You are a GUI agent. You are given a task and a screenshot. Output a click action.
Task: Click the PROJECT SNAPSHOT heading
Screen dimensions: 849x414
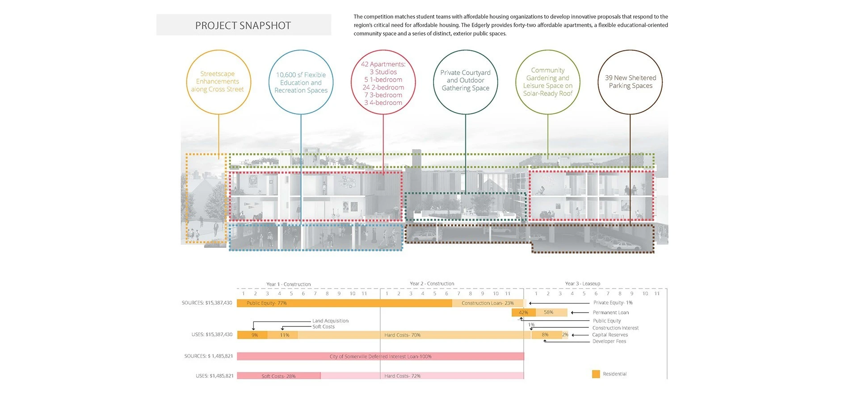coord(243,25)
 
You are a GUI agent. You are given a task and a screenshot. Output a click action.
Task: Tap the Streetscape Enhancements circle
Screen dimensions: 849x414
coord(219,50)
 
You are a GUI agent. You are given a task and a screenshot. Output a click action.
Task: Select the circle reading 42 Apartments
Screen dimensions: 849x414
coord(383,50)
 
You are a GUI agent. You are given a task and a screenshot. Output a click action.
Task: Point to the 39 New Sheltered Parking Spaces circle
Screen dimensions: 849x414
coord(630,50)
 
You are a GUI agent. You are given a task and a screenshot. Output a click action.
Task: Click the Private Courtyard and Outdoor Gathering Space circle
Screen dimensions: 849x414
coord(466,50)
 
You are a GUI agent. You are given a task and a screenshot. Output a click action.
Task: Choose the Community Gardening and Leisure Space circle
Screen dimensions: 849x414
coord(548,50)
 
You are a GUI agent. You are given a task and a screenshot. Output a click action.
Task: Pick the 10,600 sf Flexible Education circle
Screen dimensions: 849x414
coord(301,50)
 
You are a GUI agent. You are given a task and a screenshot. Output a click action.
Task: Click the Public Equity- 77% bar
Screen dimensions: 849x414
coord(345,303)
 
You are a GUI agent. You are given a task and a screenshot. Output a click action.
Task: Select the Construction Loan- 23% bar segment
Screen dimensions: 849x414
coord(488,303)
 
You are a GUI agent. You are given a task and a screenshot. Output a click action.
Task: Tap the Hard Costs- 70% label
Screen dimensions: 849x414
coord(402,335)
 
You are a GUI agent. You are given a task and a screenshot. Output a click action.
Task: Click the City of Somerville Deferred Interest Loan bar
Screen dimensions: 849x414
coord(380,356)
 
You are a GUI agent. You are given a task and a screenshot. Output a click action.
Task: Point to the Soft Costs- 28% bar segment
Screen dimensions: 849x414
coord(278,376)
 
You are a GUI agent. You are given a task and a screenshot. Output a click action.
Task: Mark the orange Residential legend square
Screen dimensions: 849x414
coord(596,374)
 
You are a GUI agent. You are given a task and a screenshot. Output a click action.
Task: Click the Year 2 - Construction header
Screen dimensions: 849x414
coord(432,284)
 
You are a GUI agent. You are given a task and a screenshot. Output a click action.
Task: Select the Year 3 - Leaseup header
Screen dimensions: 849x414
coord(582,284)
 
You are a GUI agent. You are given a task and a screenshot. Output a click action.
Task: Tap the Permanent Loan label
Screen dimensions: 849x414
coord(610,313)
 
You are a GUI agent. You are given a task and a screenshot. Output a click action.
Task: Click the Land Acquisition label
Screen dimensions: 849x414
coord(330,321)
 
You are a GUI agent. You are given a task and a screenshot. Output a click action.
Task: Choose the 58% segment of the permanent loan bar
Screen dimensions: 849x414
coord(551,313)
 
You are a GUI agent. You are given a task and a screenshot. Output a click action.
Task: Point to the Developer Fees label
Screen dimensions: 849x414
coord(609,341)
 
